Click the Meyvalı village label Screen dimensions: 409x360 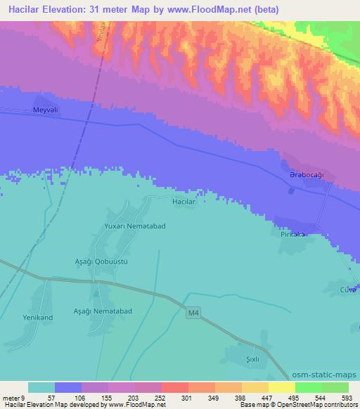point(45,110)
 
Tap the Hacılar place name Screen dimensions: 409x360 point(184,201)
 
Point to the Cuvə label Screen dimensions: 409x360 point(349,290)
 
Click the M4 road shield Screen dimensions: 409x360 point(195,315)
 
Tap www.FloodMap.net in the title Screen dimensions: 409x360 point(211,10)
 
